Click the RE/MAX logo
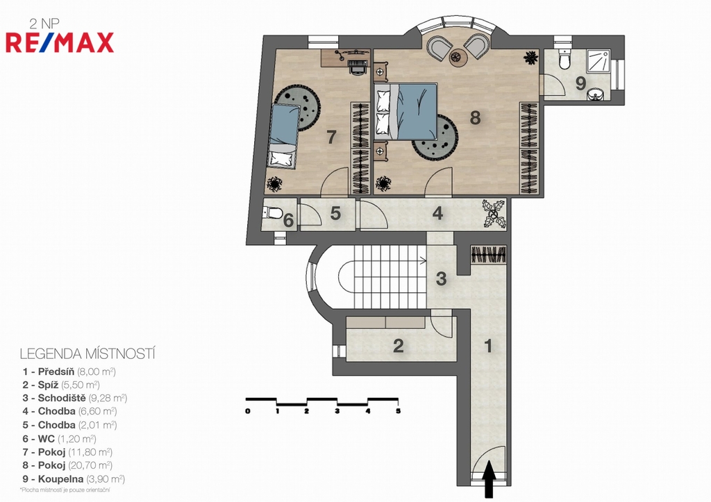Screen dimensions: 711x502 click(x=60, y=42)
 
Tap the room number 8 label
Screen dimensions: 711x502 click(x=475, y=118)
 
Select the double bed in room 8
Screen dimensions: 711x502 click(x=405, y=111)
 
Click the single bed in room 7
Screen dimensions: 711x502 click(x=284, y=137)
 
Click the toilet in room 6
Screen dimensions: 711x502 click(x=273, y=212)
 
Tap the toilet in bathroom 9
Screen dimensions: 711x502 click(x=564, y=60)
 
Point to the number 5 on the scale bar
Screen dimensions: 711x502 click(x=398, y=411)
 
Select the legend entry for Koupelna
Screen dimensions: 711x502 click(x=74, y=479)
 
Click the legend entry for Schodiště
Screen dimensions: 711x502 click(x=74, y=398)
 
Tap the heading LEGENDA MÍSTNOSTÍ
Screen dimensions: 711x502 click(x=87, y=353)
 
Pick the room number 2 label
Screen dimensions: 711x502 click(x=398, y=346)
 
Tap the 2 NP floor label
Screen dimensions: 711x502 click(x=44, y=24)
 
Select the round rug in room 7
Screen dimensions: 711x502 click(x=298, y=107)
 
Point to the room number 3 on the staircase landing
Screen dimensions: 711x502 click(x=441, y=278)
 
